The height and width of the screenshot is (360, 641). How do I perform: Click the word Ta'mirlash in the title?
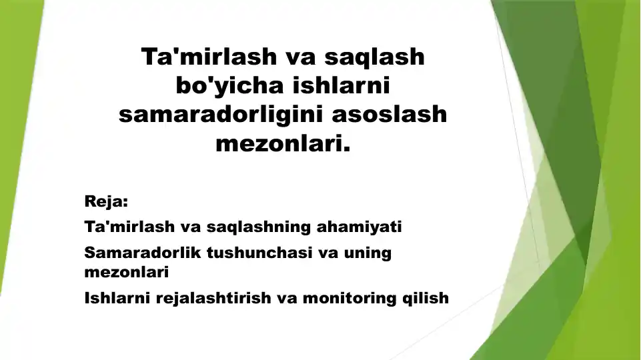point(209,57)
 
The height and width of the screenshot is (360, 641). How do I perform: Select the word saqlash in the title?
point(374,57)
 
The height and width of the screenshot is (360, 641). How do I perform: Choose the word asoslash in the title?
point(389,114)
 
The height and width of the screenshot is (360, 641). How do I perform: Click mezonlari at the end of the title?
point(283,143)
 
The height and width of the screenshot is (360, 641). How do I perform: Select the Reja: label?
point(106,202)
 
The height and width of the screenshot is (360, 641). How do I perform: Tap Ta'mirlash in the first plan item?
point(129,227)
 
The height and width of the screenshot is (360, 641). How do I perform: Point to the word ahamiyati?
point(360,227)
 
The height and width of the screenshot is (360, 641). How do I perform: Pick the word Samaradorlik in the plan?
point(143,253)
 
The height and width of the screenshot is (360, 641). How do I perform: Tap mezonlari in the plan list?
point(126,272)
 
